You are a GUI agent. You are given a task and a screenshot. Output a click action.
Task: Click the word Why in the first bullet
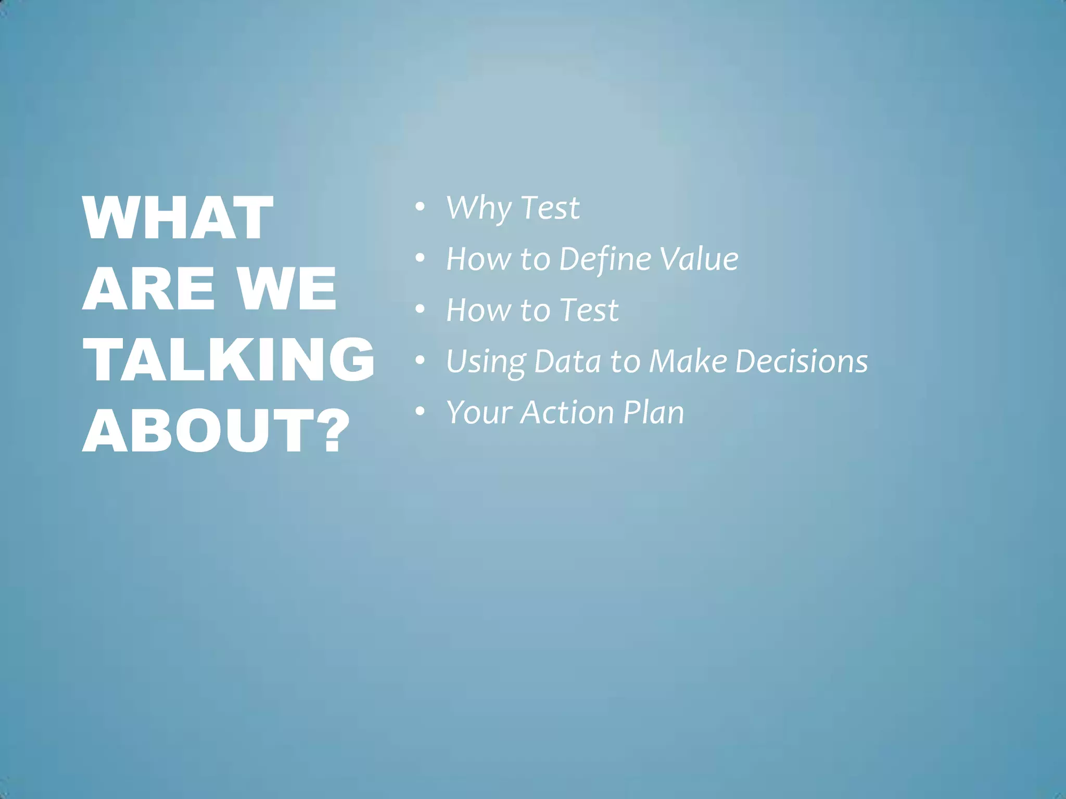coord(478,208)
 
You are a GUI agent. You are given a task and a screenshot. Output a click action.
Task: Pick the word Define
coord(605,259)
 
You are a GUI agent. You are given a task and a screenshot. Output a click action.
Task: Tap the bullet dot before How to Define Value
coord(420,258)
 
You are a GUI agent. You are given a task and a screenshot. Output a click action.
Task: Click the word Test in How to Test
coord(589,310)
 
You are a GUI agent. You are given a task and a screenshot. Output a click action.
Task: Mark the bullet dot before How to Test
coord(420,309)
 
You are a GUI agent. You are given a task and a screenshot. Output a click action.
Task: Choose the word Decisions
coord(802,361)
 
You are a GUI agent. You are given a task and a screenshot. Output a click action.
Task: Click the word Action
coord(567,413)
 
